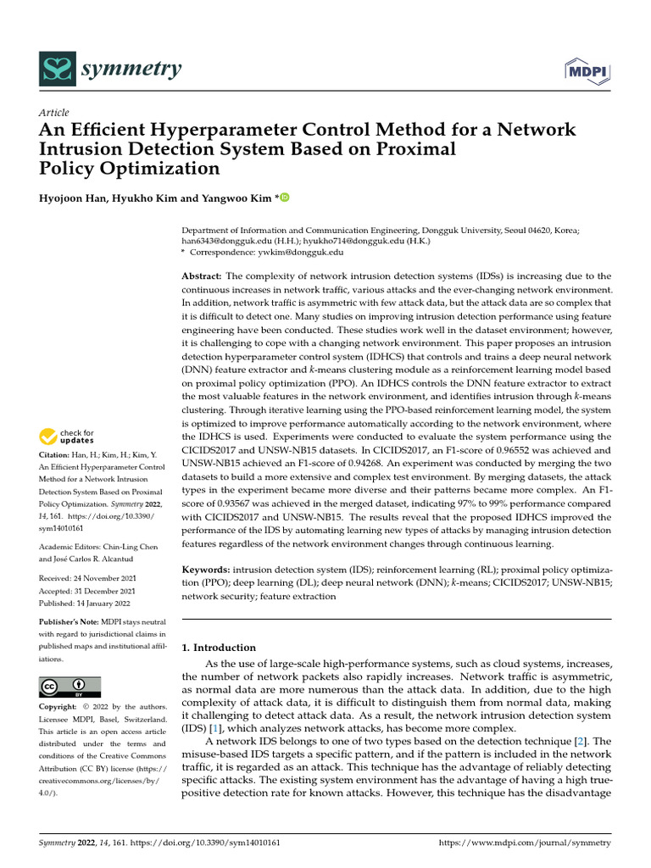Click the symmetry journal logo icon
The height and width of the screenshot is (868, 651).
click(56, 69)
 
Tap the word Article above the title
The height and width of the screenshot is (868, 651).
click(54, 113)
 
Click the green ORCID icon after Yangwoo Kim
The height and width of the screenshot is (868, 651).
click(284, 198)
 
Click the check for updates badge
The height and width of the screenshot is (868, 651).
click(67, 437)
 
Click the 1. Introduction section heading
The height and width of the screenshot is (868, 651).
click(220, 648)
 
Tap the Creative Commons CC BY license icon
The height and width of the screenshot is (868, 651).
click(70, 687)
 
